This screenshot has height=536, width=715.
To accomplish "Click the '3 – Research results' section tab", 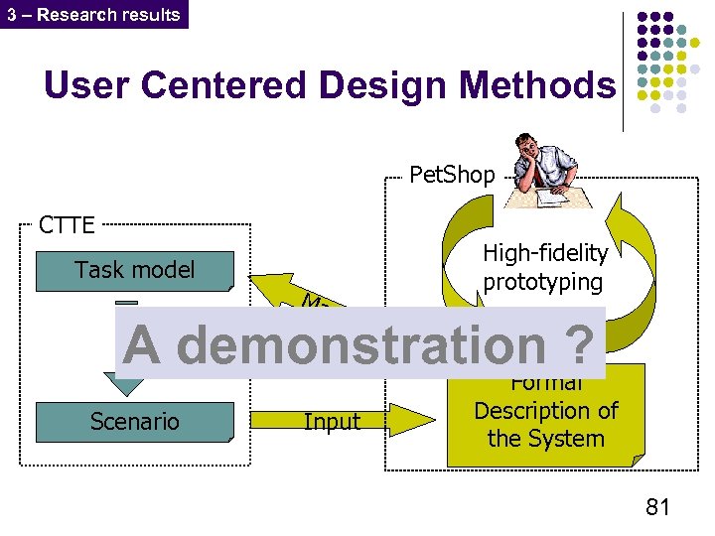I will point(93,14).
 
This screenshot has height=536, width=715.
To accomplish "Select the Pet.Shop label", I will point(452,176).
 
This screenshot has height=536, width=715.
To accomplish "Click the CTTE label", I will point(67,224).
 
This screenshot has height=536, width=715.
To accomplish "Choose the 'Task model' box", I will point(134,270).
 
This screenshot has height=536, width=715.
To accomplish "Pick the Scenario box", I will point(134,421).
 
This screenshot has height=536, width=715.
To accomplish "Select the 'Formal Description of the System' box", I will point(545,412).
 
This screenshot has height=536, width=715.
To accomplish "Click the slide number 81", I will point(657,507).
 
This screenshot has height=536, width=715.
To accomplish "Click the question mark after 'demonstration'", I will point(582,345).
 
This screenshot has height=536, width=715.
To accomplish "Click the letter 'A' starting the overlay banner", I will point(142,345).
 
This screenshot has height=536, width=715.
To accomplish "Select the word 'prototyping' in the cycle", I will point(543,282).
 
